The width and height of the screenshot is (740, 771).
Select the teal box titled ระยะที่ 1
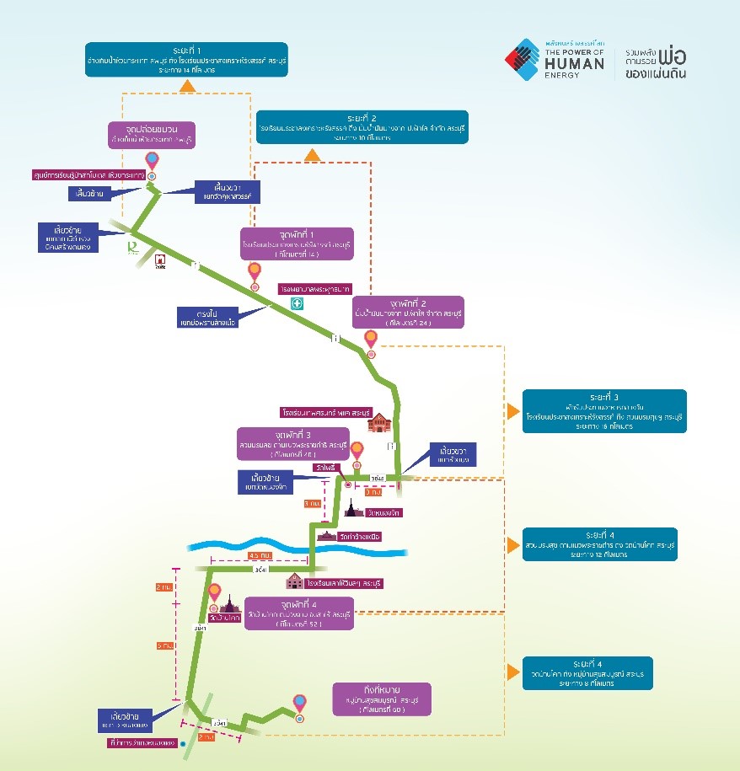pyautogui.click(x=187, y=59)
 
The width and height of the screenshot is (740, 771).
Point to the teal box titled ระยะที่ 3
pyautogui.click(x=604, y=410)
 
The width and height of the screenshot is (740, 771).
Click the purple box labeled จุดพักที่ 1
pyautogui.click(x=296, y=244)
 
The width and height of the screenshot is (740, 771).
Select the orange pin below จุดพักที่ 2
pyautogui.click(x=370, y=340)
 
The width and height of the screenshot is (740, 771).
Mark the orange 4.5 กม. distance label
pyautogui.click(x=260, y=555)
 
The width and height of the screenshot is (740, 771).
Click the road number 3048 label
pyautogui.click(x=378, y=479)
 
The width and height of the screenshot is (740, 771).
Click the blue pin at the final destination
pyautogui.click(x=299, y=702)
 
